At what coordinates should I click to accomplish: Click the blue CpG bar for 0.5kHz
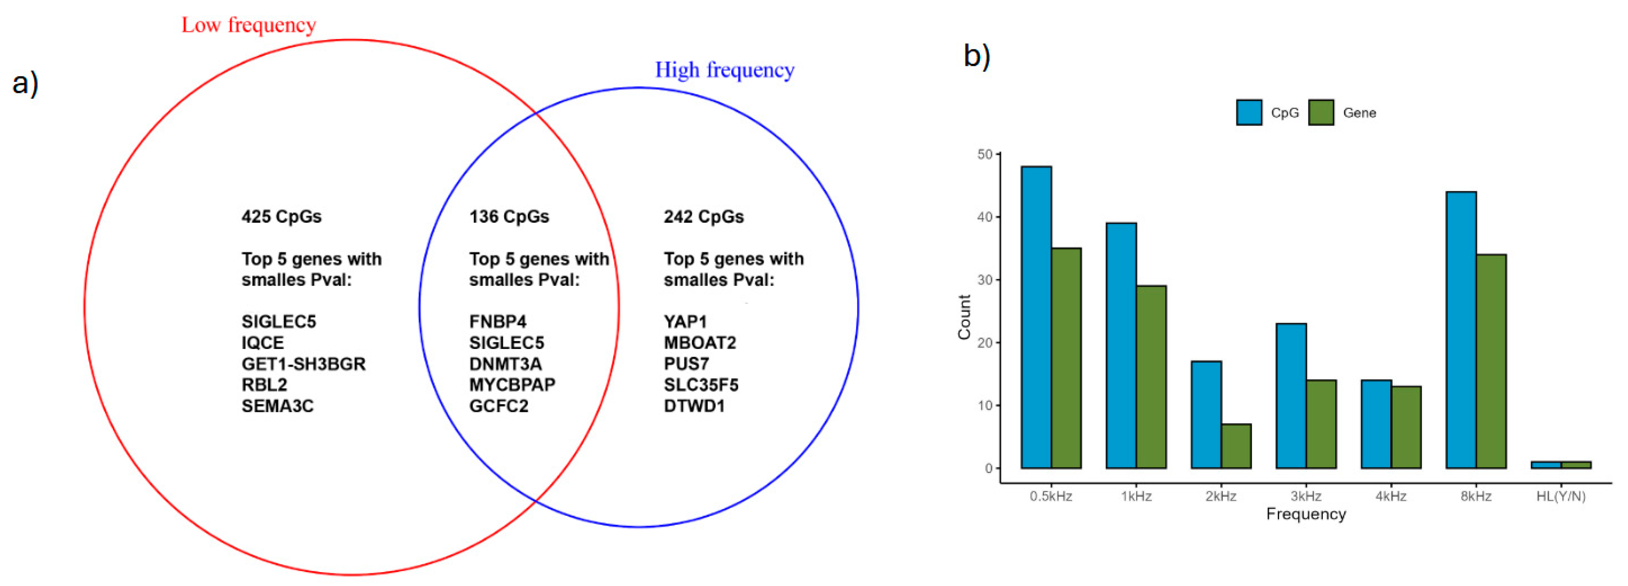point(1036,317)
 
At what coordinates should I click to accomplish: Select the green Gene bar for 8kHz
point(1491,361)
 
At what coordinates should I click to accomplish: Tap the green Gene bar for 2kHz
point(1236,446)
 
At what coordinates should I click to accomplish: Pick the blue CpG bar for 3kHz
point(1291,396)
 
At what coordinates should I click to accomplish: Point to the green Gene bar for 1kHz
point(1151,377)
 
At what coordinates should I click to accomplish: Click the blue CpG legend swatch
point(1249,113)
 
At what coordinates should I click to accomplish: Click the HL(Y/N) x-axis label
point(1560,496)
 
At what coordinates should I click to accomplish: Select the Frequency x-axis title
point(1306,514)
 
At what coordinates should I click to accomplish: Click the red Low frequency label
point(248,25)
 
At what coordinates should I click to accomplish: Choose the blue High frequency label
point(724,69)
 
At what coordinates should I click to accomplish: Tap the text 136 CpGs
point(509,217)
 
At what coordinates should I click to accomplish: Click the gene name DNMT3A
point(505,364)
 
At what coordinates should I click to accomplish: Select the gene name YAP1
point(685,322)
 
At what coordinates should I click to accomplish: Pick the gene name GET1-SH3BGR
point(303,364)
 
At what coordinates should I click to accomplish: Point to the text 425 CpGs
point(281,217)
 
